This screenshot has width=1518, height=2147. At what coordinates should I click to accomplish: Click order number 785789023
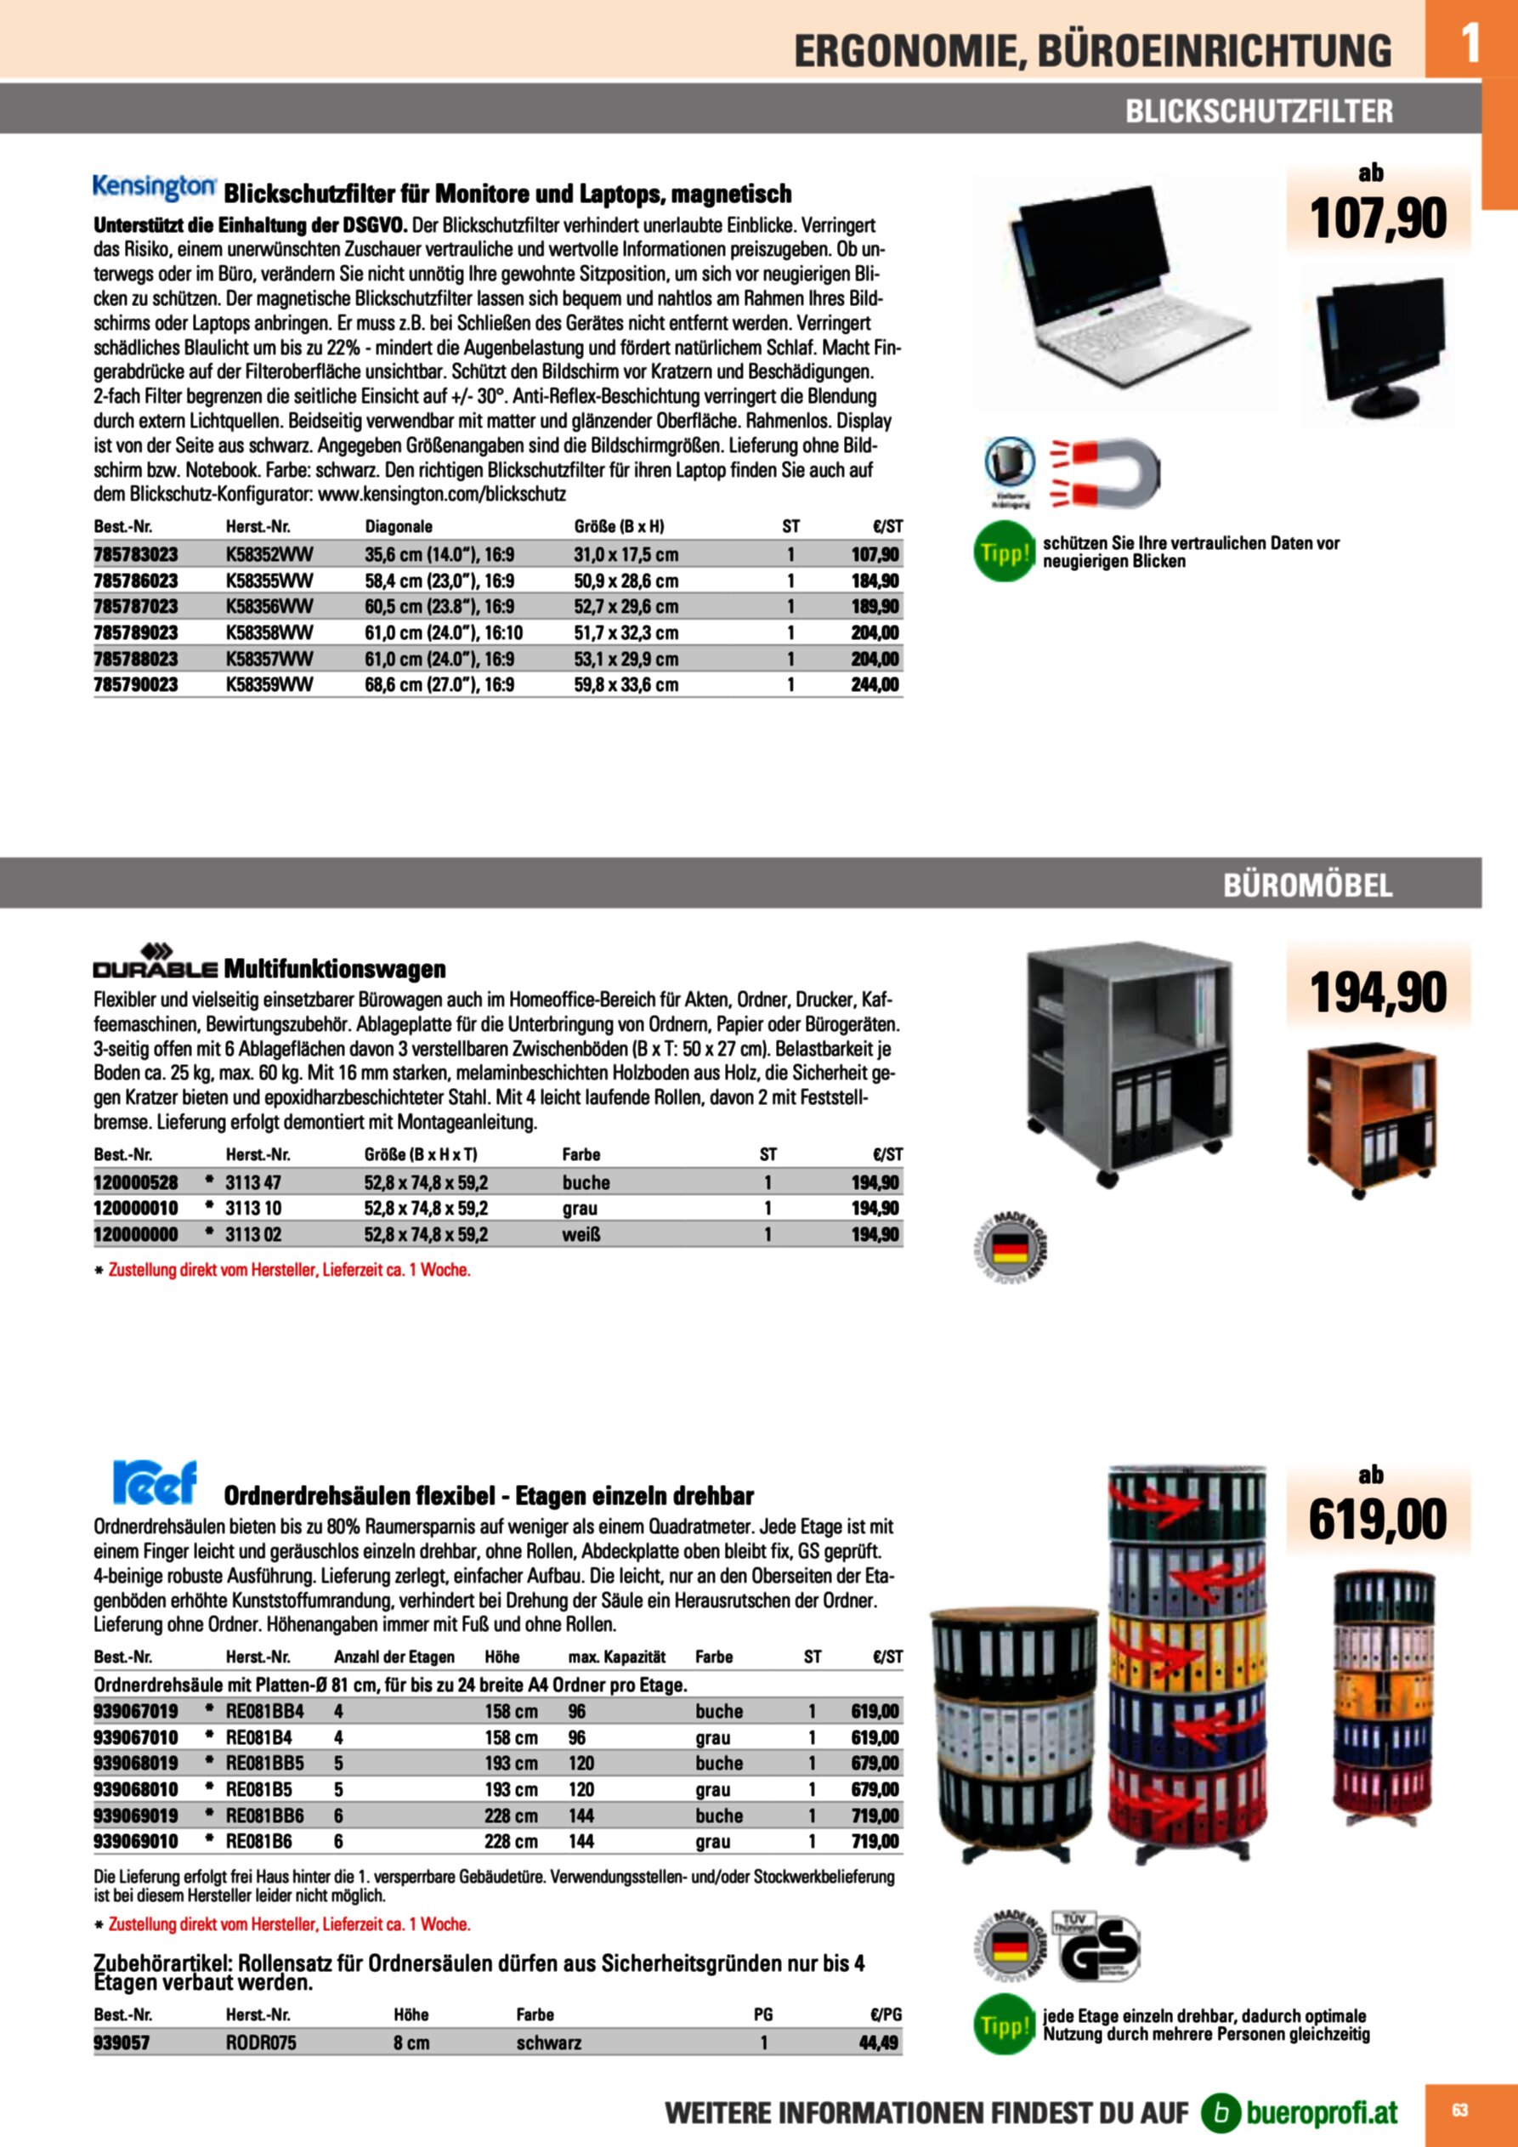coord(136,633)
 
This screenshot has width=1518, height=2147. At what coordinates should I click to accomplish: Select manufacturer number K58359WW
coord(269,684)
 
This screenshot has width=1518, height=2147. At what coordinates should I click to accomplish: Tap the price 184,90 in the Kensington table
coord(875,581)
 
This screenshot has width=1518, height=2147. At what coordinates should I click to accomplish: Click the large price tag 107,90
coord(1378,218)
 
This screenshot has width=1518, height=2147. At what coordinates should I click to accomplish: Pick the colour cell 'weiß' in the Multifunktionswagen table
coord(581,1234)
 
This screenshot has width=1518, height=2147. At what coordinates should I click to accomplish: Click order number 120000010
coord(136,1208)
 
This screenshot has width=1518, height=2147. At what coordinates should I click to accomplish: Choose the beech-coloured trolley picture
coord(1371,1117)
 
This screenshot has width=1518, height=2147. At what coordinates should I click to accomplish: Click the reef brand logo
coord(155,1482)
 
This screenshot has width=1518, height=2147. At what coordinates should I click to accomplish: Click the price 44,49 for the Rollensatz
coord(878,2042)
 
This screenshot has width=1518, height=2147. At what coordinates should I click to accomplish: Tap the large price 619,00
coord(1378,1520)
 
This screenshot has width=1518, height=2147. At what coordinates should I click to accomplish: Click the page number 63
coord(1459,2110)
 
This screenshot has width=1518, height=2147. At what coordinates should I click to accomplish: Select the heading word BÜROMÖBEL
coord(1307,885)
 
